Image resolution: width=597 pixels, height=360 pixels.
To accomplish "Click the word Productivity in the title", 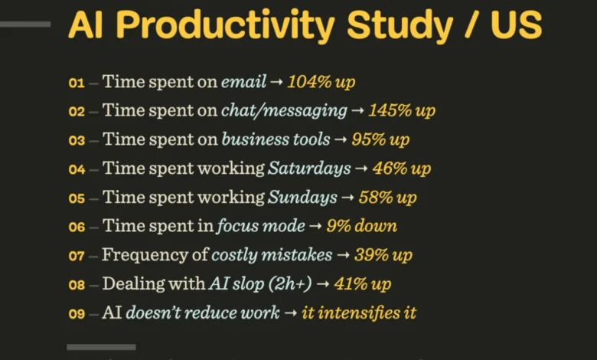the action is (x=225, y=25).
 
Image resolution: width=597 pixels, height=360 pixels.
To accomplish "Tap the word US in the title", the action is (x=516, y=25).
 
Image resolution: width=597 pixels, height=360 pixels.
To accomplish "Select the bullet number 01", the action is (x=77, y=83).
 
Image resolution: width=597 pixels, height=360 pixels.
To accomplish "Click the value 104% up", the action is (x=321, y=82).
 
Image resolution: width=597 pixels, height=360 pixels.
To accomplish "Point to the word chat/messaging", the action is (x=284, y=111).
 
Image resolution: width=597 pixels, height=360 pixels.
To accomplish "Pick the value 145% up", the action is (x=402, y=111).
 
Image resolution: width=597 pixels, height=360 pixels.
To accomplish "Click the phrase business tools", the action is (x=276, y=139).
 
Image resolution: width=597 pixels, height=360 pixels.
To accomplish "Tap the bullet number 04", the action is (x=77, y=169).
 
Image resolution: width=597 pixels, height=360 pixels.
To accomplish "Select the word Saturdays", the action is (x=309, y=169).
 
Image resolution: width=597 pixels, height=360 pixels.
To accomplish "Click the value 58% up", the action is (x=387, y=198).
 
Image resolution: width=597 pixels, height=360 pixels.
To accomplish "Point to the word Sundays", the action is (x=302, y=198).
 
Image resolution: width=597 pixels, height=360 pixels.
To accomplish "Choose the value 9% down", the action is (x=362, y=226).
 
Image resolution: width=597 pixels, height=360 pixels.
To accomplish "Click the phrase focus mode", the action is (x=261, y=226).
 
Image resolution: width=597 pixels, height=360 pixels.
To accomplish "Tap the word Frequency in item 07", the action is (x=145, y=255).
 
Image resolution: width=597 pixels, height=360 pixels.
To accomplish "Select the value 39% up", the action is (x=383, y=255).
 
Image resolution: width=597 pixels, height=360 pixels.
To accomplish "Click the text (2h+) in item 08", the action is (x=290, y=284).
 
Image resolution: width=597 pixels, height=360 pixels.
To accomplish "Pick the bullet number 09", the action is (x=77, y=314).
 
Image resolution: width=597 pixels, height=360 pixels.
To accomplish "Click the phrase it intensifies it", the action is (x=359, y=313).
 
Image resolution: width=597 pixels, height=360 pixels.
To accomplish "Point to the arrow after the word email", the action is (x=276, y=82).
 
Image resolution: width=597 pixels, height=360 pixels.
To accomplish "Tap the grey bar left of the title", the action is (x=25, y=25).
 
